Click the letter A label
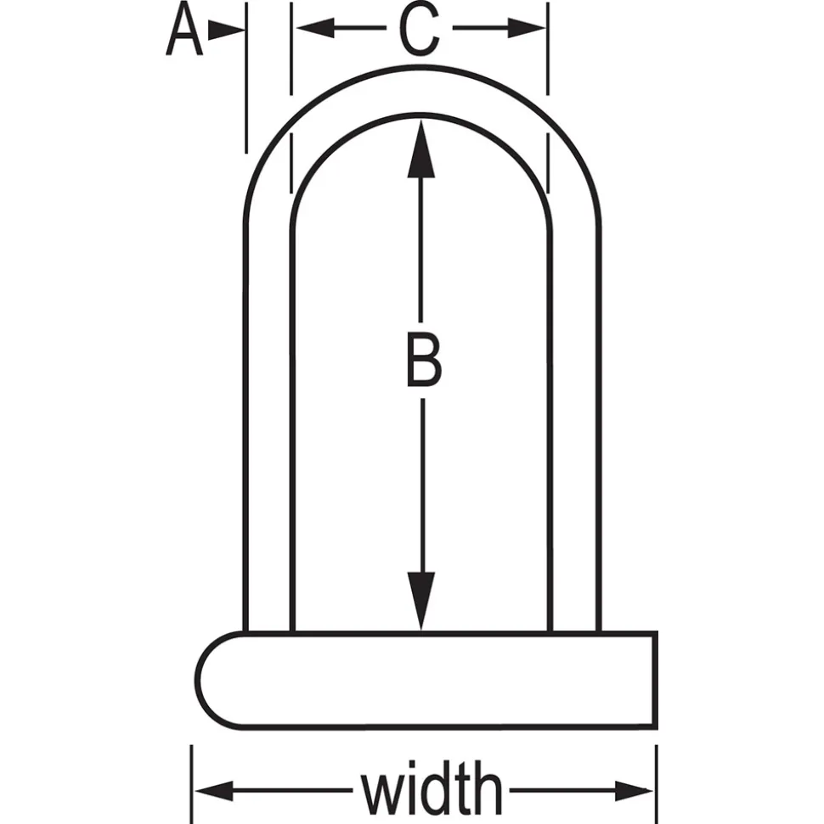[184, 29]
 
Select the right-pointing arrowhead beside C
[526, 28]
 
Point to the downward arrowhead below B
[421, 600]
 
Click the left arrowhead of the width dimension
[214, 790]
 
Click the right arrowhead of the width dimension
[634, 790]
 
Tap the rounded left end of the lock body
[199, 680]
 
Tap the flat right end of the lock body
[655, 680]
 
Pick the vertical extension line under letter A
[246, 78]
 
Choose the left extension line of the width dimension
[191, 784]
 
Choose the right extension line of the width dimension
[657, 784]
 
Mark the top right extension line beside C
[548, 49]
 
